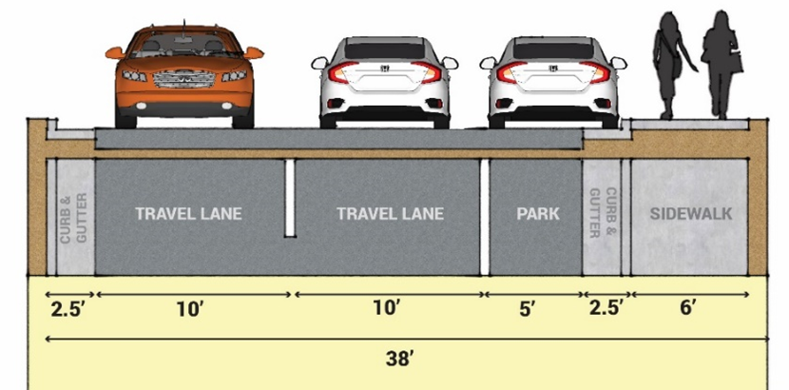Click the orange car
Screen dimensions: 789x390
[184, 76]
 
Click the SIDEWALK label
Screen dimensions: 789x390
[691, 214]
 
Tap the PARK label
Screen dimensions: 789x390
[538, 214]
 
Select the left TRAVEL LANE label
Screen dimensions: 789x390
[188, 214]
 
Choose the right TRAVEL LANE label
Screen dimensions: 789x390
[390, 214]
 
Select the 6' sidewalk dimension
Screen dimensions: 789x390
[689, 308]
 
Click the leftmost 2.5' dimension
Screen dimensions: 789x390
[67, 308]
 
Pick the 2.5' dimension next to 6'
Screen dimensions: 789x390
[605, 308]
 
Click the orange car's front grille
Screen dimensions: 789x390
[184, 78]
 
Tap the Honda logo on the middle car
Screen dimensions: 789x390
[385, 68]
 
